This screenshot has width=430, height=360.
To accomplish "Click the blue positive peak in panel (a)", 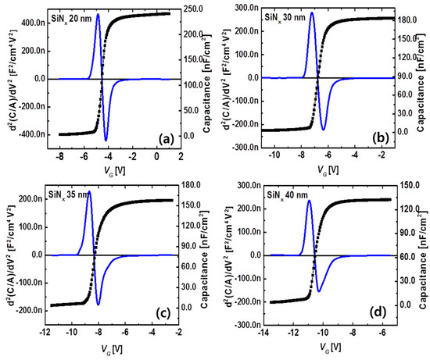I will (x=98, y=15).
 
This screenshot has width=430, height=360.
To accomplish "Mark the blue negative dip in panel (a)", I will (x=106, y=141).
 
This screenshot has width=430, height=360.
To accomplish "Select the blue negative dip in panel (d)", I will (x=318, y=291).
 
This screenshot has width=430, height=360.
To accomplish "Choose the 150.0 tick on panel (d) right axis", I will (x=406, y=185).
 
